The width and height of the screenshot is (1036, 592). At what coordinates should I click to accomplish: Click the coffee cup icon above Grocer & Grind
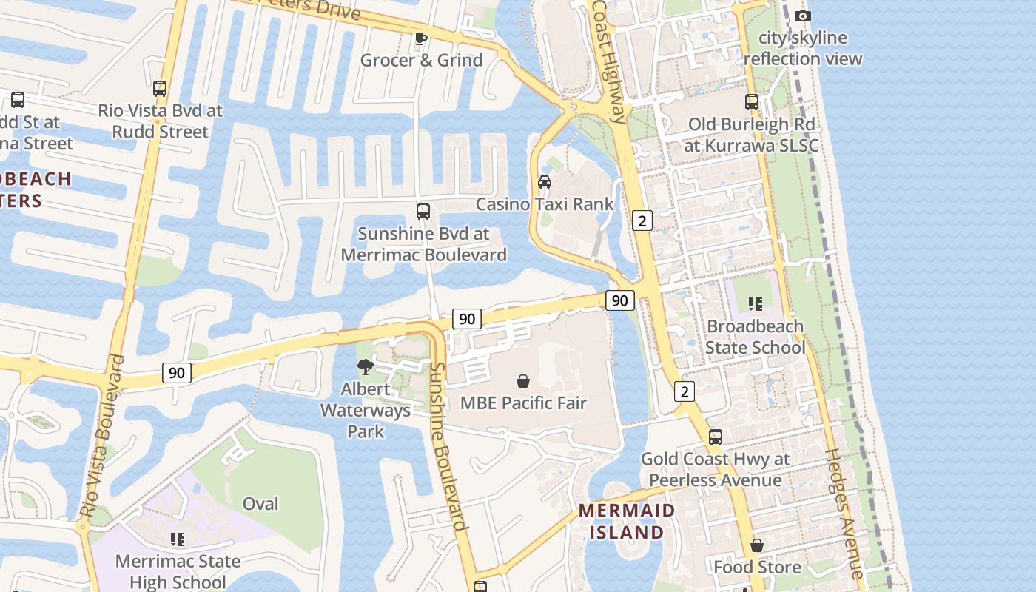421,38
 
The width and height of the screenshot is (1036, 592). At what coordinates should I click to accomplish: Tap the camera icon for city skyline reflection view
802,16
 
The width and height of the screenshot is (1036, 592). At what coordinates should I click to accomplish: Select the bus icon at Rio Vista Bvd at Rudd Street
160,89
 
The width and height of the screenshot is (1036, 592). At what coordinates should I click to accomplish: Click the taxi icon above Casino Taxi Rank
545,182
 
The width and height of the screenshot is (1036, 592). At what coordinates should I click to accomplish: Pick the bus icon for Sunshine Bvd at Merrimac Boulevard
423,212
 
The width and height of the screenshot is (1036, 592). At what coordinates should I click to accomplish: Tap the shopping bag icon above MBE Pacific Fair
523,381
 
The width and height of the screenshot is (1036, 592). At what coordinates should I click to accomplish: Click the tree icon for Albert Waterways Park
365,366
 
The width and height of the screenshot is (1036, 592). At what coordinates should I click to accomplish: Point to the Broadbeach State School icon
755,304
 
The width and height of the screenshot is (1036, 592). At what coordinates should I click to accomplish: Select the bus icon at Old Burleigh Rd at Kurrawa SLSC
752,102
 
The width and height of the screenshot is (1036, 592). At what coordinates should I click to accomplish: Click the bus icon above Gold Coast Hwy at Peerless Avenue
715,437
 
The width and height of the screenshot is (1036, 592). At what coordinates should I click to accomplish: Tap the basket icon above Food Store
757,545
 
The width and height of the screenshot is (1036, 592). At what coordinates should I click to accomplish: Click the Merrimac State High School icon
178,539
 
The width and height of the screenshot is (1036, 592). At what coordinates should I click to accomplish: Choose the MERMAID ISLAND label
627,521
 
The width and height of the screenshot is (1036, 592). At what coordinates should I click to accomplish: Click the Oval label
260,504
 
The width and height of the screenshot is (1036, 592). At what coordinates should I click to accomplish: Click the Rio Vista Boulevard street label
101,437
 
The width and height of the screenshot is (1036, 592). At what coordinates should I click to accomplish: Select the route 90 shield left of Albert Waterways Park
177,372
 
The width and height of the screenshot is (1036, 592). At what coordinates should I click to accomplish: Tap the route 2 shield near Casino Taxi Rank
642,220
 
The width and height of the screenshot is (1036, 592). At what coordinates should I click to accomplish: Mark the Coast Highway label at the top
609,59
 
